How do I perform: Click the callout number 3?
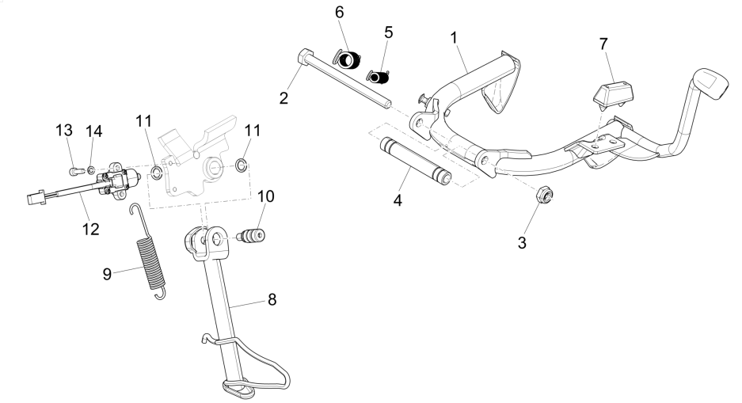523,242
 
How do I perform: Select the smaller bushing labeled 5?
382,78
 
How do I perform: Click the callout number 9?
106,274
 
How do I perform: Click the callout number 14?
93,130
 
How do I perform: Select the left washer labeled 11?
157,172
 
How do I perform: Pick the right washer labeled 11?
241,165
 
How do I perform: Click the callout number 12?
91,229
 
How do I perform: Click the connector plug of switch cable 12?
34,198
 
